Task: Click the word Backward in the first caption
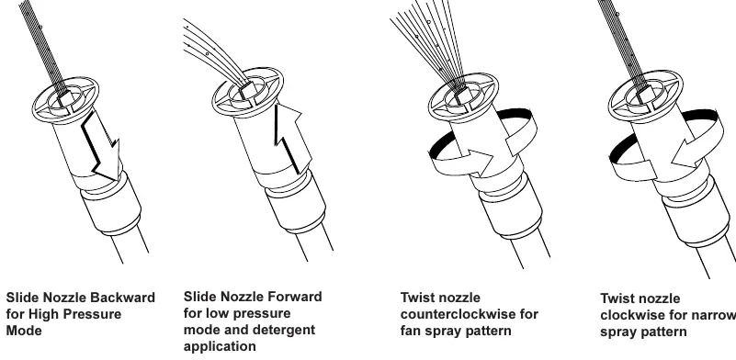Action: click(122, 298)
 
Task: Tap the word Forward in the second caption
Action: click(294, 297)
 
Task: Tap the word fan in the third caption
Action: click(410, 331)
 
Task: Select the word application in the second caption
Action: click(220, 347)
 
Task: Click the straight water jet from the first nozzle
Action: click(44, 47)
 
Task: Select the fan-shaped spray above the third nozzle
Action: click(429, 42)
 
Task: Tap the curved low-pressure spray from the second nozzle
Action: click(213, 54)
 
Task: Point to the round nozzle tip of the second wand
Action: click(247, 92)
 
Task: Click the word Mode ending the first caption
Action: click(24, 331)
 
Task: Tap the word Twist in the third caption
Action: click(416, 298)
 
